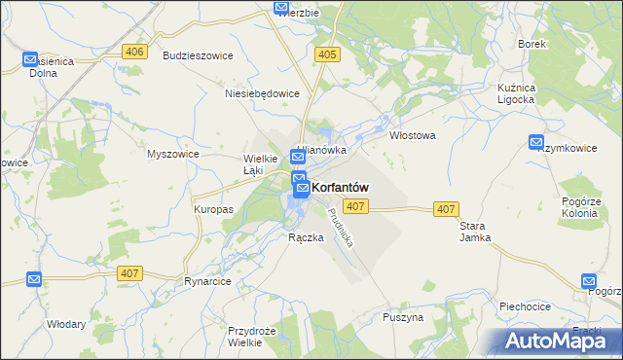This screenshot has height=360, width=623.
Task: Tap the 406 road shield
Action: tap(134, 52)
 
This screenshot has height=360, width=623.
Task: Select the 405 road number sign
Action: tap(327, 55)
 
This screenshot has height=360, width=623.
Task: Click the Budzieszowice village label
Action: tap(199, 56)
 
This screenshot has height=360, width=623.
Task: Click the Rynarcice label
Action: tap(205, 281)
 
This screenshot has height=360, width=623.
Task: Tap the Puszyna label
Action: tap(403, 317)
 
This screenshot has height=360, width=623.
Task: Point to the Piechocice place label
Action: tap(526, 306)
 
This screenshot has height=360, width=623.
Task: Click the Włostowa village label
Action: tap(412, 136)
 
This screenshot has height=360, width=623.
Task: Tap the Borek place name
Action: tap(532, 45)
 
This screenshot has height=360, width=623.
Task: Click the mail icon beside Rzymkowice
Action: tap(536, 142)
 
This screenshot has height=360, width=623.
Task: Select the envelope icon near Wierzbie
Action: tap(282, 9)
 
